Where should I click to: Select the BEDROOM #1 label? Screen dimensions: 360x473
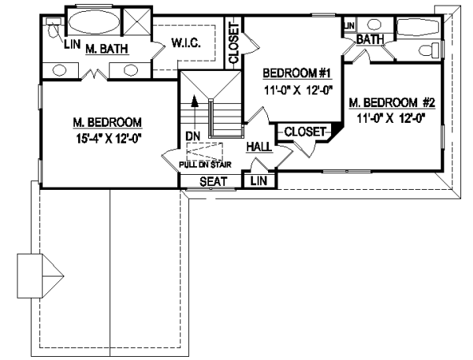[297, 74]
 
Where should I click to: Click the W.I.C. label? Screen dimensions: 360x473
[186, 44]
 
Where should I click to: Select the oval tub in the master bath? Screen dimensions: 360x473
[91, 22]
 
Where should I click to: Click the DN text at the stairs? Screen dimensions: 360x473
[192, 135]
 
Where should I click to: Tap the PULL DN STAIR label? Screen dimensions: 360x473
[204, 165]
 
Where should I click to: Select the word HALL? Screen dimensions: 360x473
[259, 147]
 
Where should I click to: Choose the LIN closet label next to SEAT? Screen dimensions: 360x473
[258, 182]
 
